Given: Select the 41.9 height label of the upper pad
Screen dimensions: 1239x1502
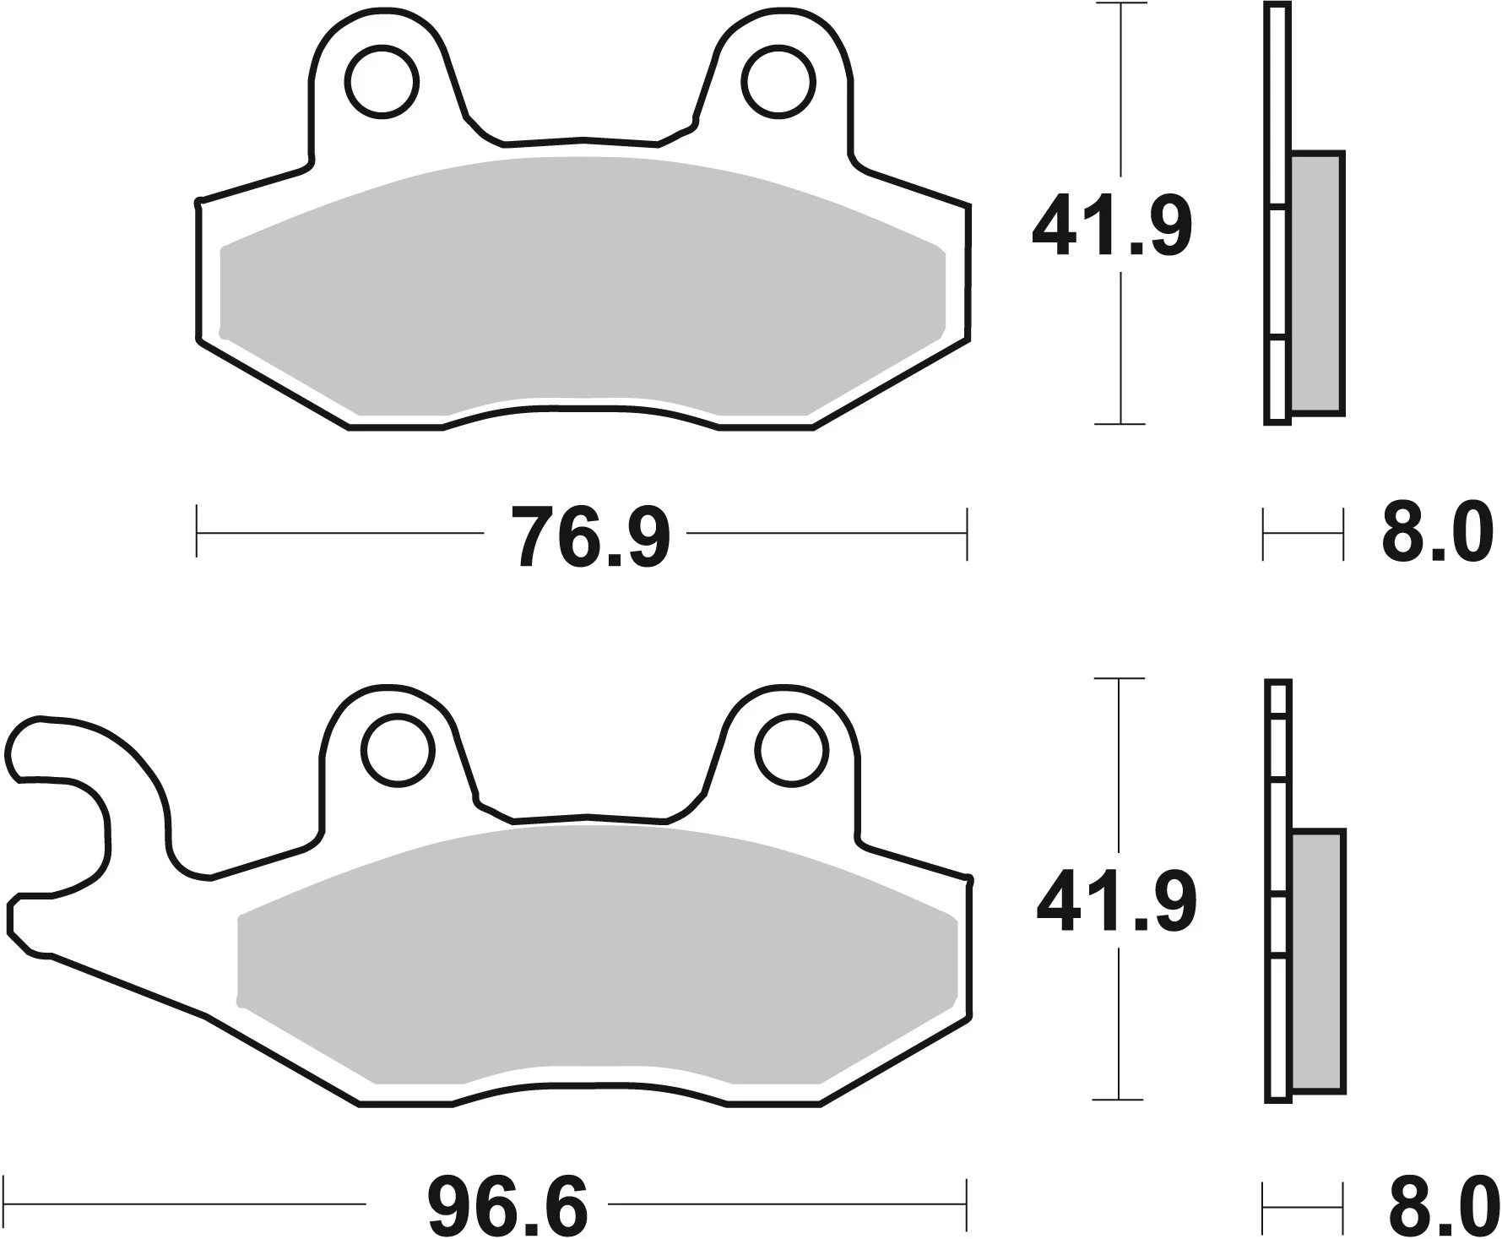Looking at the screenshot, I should click(x=1111, y=226).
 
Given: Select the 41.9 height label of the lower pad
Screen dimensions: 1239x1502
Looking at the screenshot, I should click(x=1116, y=902).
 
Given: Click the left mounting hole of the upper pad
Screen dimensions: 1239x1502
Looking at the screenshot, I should click(x=382, y=82).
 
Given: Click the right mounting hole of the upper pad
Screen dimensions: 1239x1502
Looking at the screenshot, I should click(x=778, y=82).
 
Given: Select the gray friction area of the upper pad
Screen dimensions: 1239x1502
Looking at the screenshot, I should click(x=583, y=287).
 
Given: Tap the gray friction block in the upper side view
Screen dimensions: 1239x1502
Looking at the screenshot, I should click(x=1316, y=284).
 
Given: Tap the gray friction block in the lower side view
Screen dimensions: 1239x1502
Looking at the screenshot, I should click(x=1317, y=960).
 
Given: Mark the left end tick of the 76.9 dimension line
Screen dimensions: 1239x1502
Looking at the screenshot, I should click(x=197, y=532).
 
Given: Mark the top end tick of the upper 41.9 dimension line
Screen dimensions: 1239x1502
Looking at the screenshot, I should click(x=1120, y=4).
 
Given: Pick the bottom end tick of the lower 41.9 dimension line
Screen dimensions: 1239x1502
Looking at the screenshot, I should click(x=1119, y=1100).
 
